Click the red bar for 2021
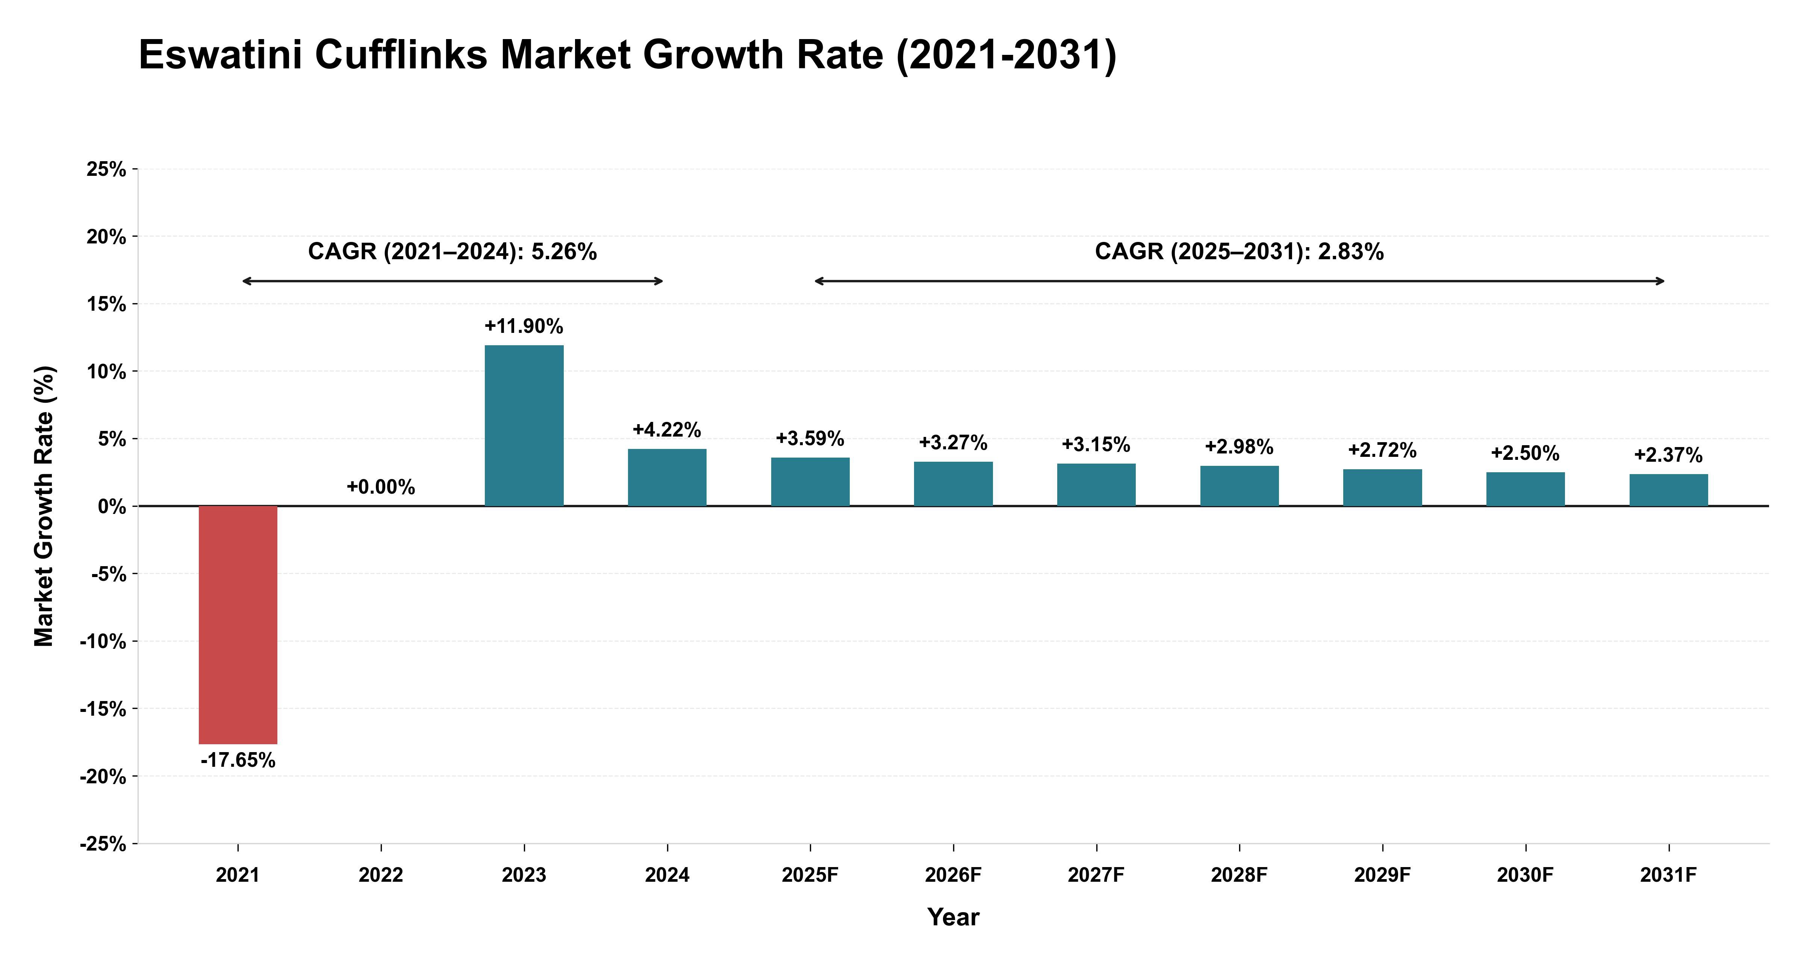[x=238, y=625]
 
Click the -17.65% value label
[x=238, y=760]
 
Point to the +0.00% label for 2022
[x=381, y=487]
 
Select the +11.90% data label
[x=524, y=326]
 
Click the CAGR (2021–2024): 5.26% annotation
[x=453, y=251]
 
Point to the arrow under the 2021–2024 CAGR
[x=453, y=281]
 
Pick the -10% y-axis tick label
[x=103, y=641]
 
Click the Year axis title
[x=953, y=917]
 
